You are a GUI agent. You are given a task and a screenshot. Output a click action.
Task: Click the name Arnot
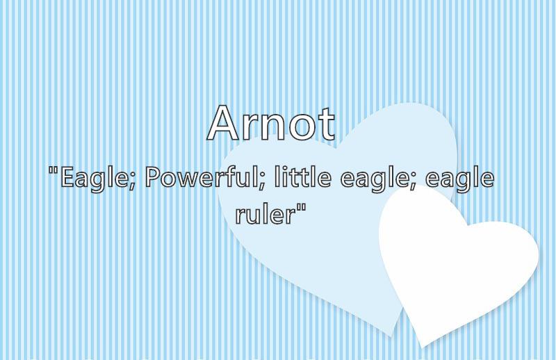271,123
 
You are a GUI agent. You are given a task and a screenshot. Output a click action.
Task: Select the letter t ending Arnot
325,124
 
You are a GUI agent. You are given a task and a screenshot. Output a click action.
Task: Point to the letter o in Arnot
302,127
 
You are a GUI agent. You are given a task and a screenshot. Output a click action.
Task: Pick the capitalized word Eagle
93,179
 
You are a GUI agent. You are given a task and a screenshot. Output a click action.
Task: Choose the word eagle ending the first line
459,181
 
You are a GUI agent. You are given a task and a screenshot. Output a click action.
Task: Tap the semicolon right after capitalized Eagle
131,182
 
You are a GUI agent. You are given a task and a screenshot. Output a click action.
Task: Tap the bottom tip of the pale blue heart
391,336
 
